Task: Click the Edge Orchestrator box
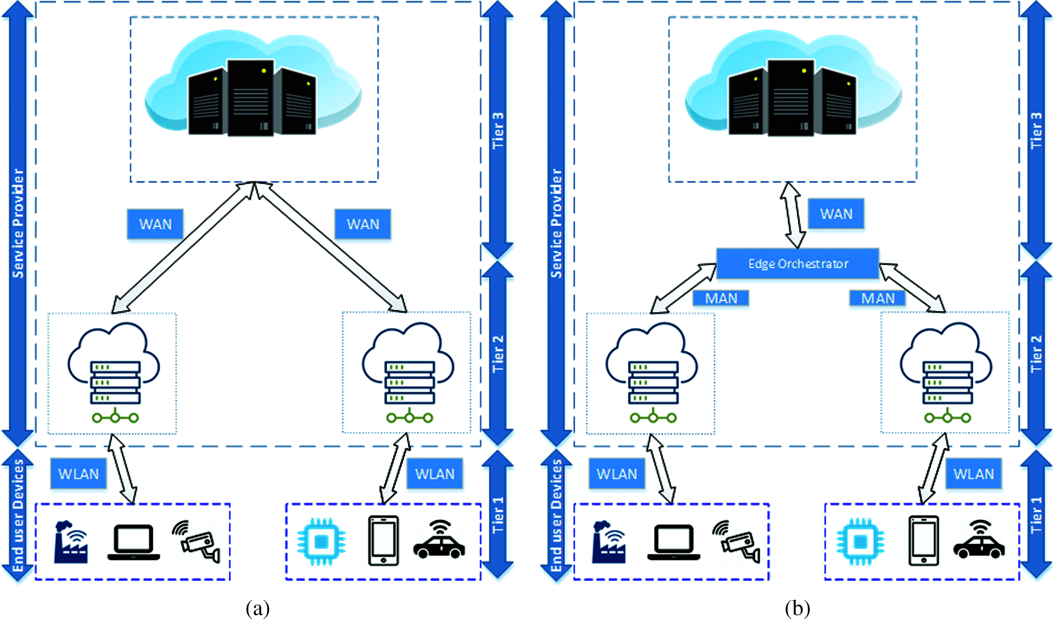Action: tap(797, 263)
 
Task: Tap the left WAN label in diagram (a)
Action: tap(155, 224)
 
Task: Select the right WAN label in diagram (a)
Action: tap(362, 224)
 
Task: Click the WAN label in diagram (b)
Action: tap(836, 214)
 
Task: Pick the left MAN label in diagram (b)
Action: tap(721, 298)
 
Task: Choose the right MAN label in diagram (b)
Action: tap(878, 298)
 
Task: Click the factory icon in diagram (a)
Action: tap(71, 541)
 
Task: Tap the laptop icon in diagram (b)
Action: tap(674, 542)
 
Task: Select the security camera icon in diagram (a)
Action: tap(197, 541)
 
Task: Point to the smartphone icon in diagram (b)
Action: tap(923, 541)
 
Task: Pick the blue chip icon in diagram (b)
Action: tap(860, 541)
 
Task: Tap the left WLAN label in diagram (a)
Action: tap(78, 474)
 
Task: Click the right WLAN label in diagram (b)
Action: tap(973, 474)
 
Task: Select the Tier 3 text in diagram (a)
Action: tap(498, 130)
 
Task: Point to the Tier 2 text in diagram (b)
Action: tap(1036, 354)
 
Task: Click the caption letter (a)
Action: tap(258, 609)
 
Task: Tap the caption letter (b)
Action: tap(797, 609)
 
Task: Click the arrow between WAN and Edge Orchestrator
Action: tap(793, 215)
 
